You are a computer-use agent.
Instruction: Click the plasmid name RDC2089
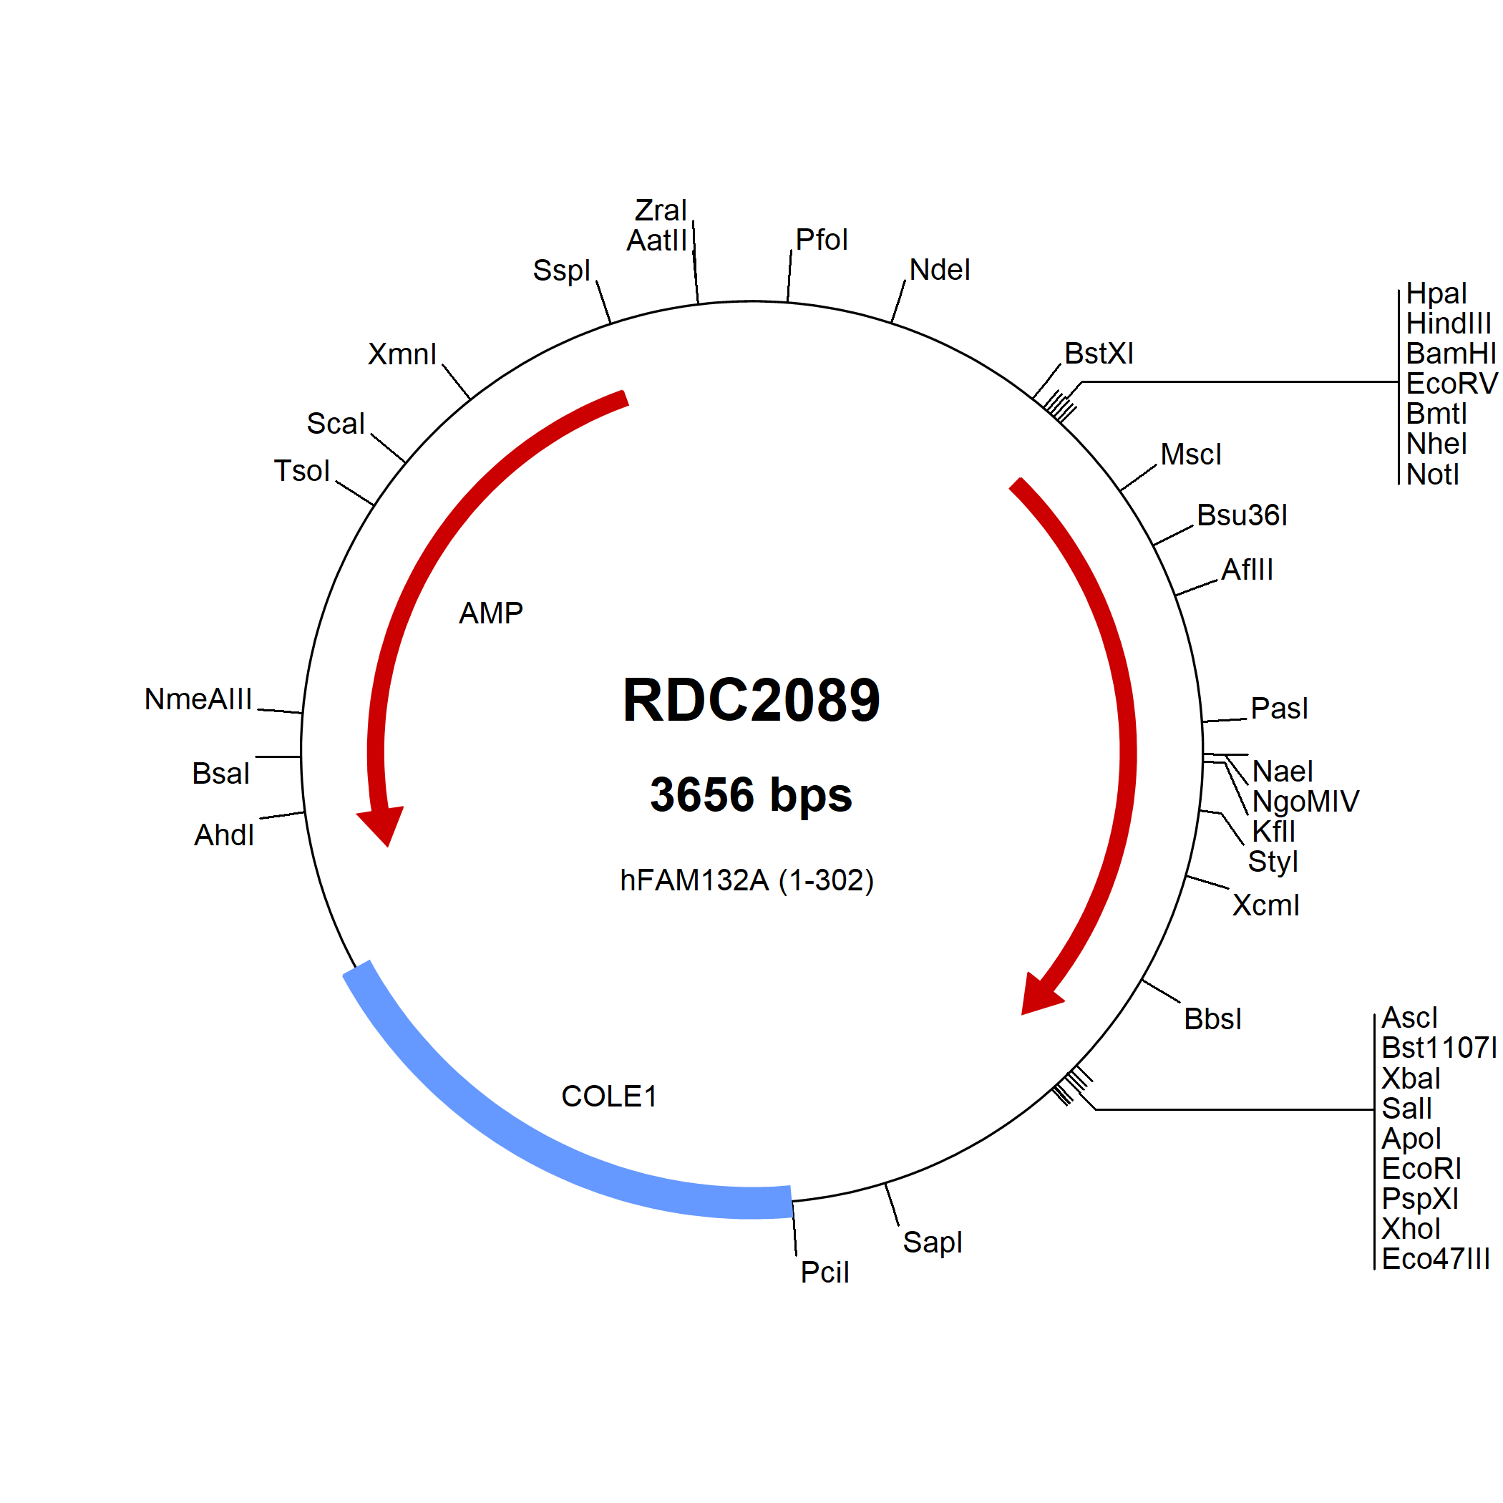[751, 700]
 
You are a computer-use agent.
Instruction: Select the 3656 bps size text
[751, 795]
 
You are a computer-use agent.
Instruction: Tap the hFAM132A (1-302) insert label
[746, 880]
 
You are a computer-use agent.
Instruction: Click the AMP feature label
[491, 613]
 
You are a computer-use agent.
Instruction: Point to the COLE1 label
[609, 1096]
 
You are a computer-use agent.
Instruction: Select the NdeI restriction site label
[940, 270]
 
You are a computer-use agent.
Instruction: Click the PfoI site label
[822, 240]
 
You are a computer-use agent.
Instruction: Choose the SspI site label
[562, 271]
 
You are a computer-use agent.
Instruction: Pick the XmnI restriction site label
[402, 354]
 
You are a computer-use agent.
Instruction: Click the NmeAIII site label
[198, 699]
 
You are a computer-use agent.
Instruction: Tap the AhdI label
[224, 835]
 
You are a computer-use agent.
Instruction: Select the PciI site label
[825, 1272]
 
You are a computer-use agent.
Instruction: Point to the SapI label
[932, 1242]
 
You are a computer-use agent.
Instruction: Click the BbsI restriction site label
[1213, 1019]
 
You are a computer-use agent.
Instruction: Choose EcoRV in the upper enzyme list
[1451, 384]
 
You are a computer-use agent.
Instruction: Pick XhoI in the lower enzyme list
[1411, 1228]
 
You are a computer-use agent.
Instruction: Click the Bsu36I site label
[1242, 515]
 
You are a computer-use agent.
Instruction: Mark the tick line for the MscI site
[1138, 477]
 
